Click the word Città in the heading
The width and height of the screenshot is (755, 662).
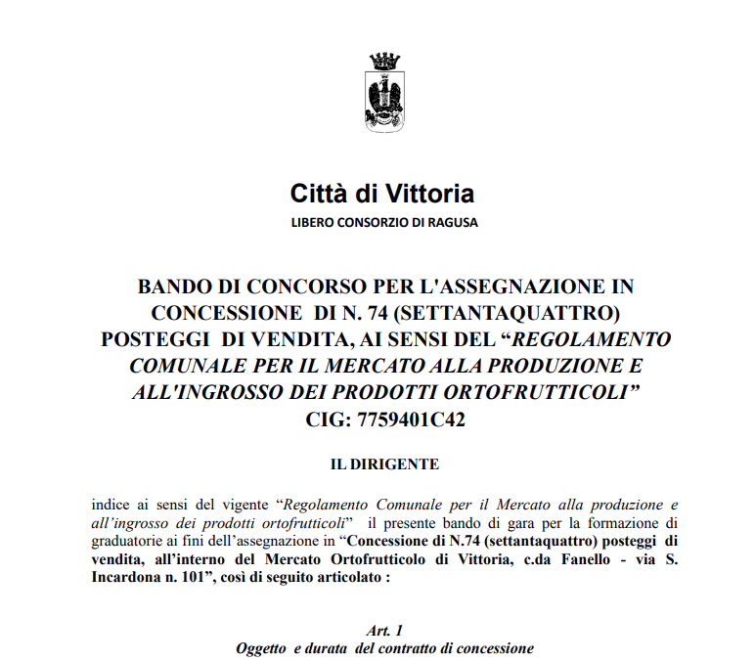coord(315,193)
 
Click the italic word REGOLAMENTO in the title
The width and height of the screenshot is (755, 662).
coord(593,339)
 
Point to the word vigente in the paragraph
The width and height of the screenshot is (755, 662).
coord(240,506)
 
